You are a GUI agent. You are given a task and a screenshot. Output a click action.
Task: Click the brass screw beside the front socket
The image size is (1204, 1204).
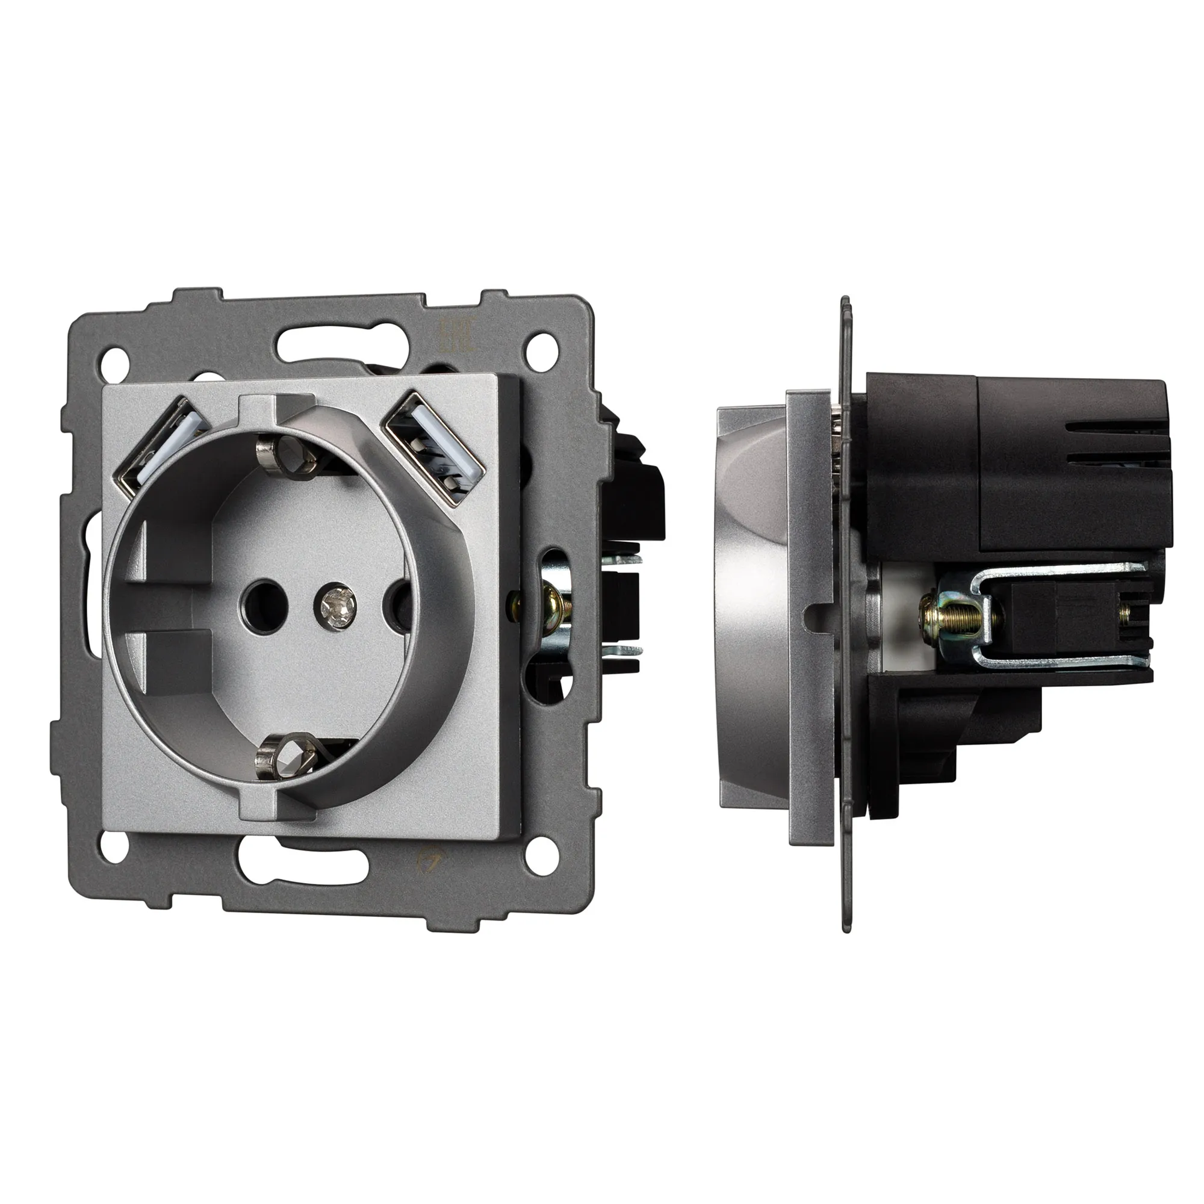[551, 603]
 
